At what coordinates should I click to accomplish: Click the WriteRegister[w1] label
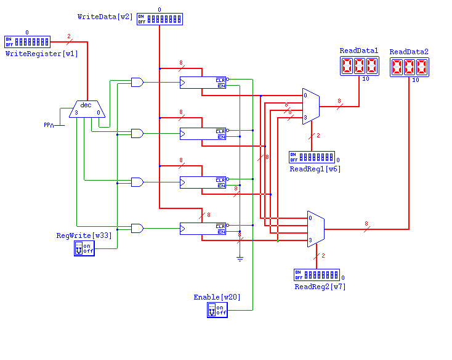click(42, 54)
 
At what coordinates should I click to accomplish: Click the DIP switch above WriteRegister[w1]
click(26, 42)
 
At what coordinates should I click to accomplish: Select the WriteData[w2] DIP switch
click(159, 19)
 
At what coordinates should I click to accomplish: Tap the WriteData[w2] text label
click(105, 15)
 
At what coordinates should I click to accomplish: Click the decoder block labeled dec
click(87, 110)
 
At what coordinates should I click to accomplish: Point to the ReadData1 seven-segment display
click(360, 67)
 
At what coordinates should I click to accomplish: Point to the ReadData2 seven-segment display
click(409, 67)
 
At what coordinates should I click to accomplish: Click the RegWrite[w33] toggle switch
click(84, 248)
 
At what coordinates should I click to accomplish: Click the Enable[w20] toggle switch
click(217, 309)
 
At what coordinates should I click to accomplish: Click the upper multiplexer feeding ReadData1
click(310, 106)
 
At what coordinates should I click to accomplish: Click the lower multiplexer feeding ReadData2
click(316, 229)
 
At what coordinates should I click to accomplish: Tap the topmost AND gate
click(137, 82)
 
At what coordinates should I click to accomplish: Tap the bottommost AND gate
click(137, 228)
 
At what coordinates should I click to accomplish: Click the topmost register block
click(203, 83)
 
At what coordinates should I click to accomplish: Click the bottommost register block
click(203, 229)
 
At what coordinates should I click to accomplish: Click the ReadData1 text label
click(359, 51)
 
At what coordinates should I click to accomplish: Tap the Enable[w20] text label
click(217, 297)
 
